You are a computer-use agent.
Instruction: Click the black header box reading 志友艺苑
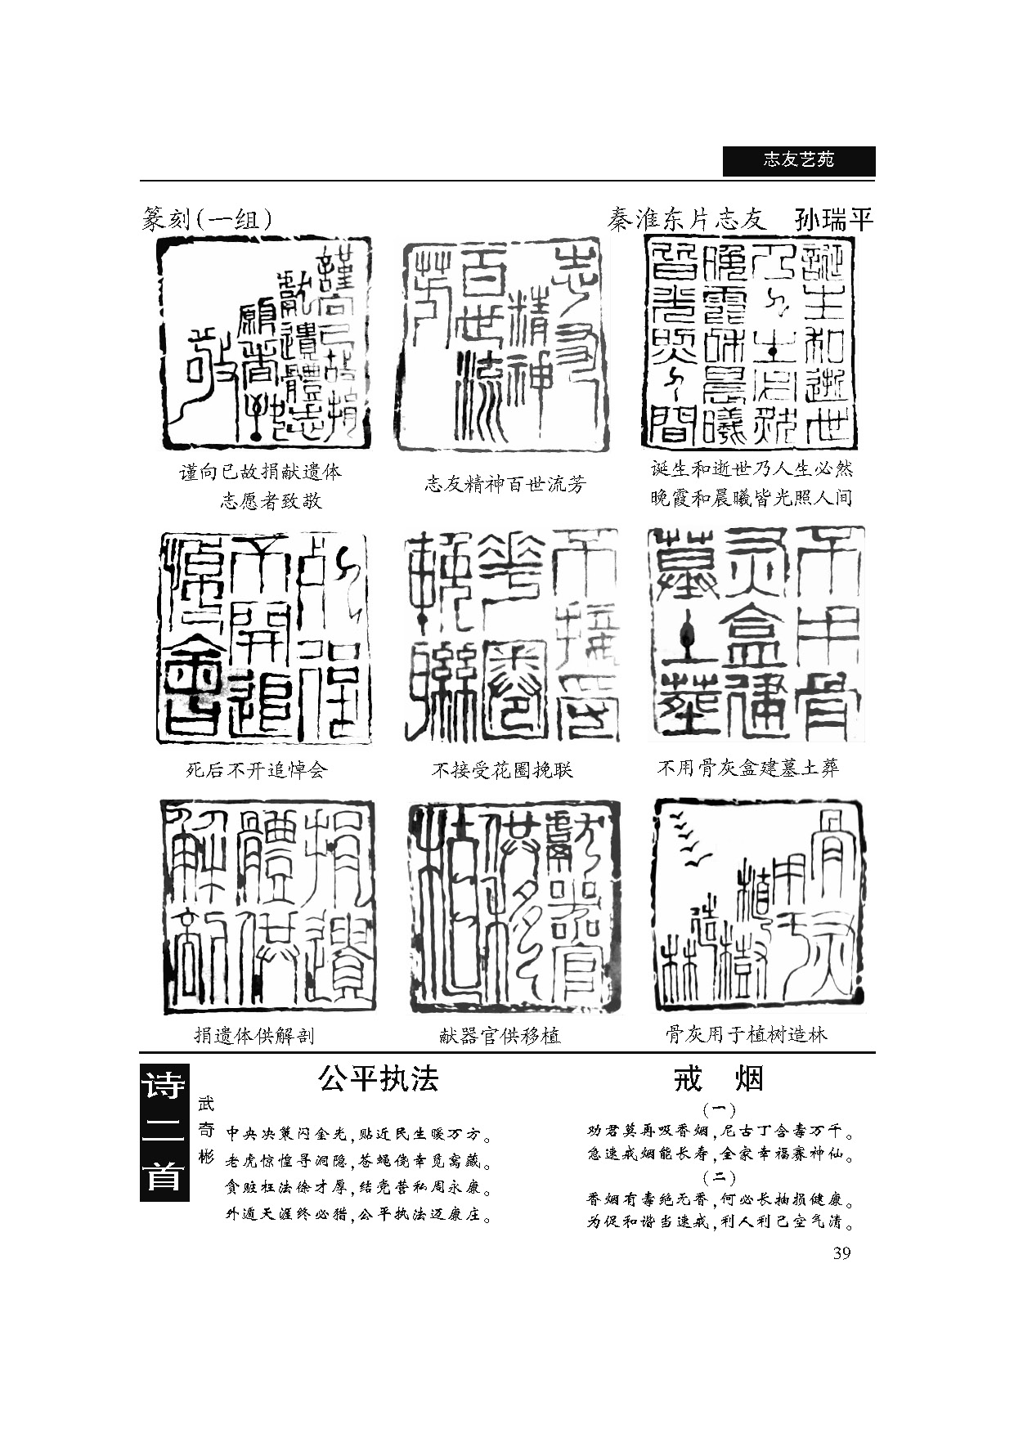[798, 160]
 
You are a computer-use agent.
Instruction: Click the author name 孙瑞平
[833, 220]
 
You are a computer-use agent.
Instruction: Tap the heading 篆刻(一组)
[207, 219]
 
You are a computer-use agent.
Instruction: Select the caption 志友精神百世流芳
[505, 484]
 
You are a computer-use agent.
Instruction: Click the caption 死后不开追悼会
[257, 769]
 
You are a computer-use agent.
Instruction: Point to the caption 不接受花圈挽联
[502, 769]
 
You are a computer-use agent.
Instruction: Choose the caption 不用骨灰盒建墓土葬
[748, 768]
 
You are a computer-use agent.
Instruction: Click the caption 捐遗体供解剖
[253, 1036]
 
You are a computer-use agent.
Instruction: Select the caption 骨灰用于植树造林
[746, 1035]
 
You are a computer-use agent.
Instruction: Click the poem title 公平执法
[378, 1079]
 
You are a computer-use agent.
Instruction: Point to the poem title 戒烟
[718, 1079]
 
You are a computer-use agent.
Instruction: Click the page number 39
[841, 1253]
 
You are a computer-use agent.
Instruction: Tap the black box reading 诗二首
[164, 1132]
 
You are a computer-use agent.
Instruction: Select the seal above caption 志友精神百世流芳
[504, 345]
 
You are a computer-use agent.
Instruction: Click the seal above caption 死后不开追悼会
[263, 638]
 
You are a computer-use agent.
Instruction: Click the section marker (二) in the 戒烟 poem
[719, 1178]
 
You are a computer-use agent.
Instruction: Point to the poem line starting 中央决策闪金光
[358, 1135]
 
